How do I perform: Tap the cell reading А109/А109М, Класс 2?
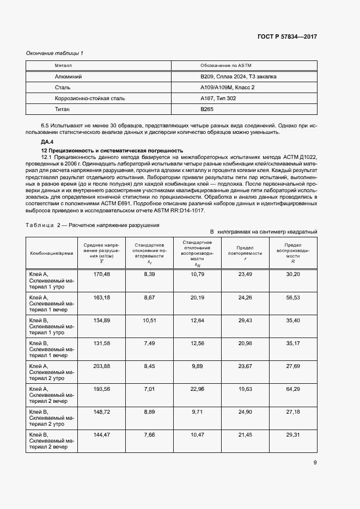pyautogui.click(x=227, y=87)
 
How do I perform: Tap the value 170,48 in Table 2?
pyautogui.click(x=102, y=274)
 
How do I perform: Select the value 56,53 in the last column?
pyautogui.click(x=293, y=298)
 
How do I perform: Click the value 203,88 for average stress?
pyautogui.click(x=102, y=366)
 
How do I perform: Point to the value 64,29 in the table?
pyautogui.click(x=293, y=389)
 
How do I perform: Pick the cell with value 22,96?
pyautogui.click(x=197, y=389)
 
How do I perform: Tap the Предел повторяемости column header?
pyautogui.click(x=245, y=253)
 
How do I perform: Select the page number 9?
pyautogui.click(x=315, y=463)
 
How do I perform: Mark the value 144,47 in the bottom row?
pyautogui.click(x=102, y=435)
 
